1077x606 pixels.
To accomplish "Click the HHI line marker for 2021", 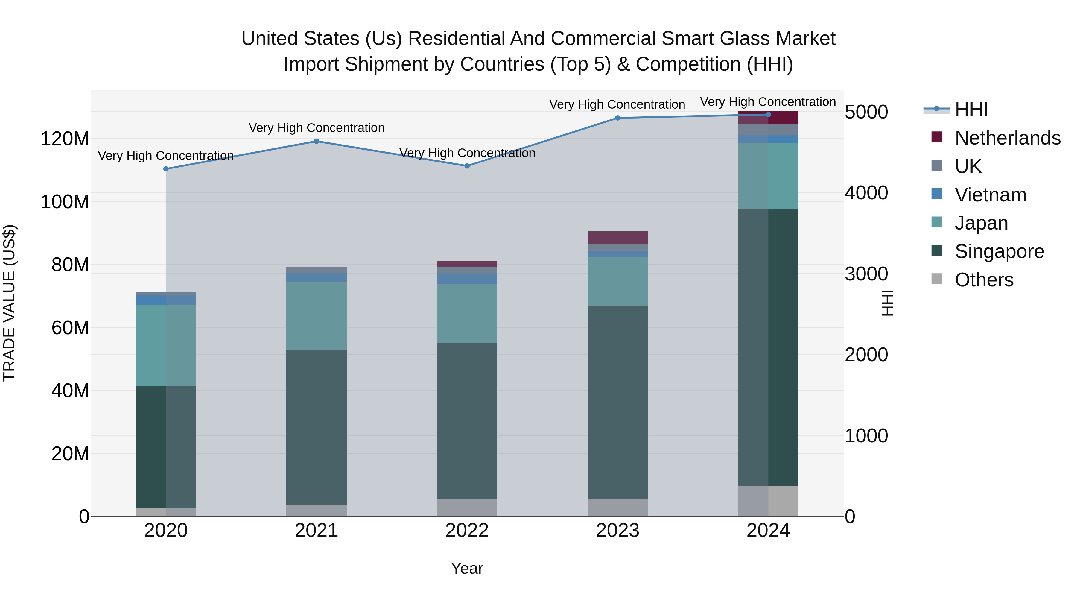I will tap(317, 141).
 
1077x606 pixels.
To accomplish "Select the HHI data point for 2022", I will tap(467, 166).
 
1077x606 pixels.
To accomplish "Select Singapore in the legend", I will tap(999, 251).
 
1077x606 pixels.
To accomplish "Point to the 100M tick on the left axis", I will tap(65, 202).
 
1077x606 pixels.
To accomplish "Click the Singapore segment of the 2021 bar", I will tap(317, 426).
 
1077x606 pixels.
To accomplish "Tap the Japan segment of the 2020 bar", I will tap(166, 345).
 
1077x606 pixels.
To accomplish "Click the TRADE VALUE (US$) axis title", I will tap(9, 303).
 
